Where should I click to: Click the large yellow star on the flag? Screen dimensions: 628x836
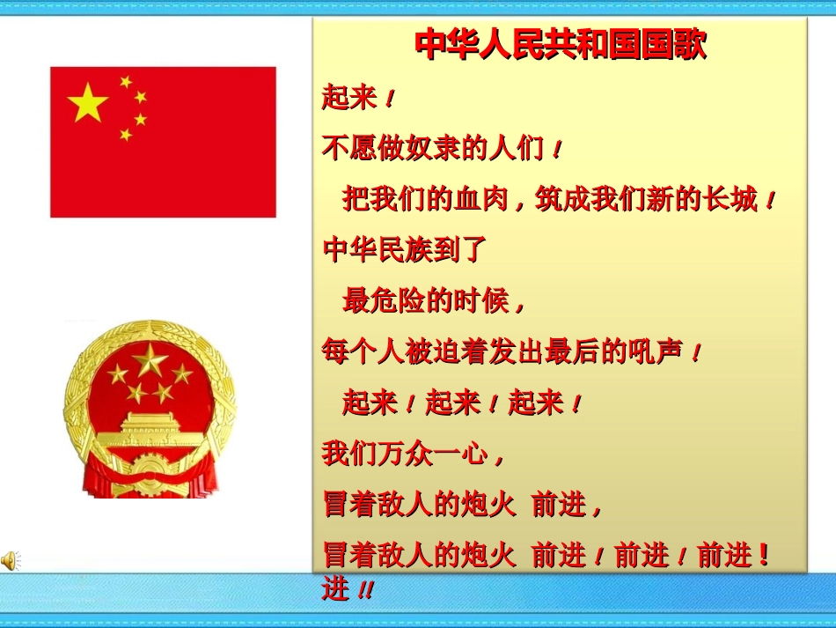click(87, 103)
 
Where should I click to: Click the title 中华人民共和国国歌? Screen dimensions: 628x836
click(560, 45)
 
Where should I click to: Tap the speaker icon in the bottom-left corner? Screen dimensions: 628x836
click(10, 559)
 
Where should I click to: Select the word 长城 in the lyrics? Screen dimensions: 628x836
click(730, 200)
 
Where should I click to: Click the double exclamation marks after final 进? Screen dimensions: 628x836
click(364, 591)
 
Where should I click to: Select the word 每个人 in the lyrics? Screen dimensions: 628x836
click(363, 352)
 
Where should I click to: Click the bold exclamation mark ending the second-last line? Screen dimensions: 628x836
click(764, 555)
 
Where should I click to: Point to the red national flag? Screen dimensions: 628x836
click(163, 142)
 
